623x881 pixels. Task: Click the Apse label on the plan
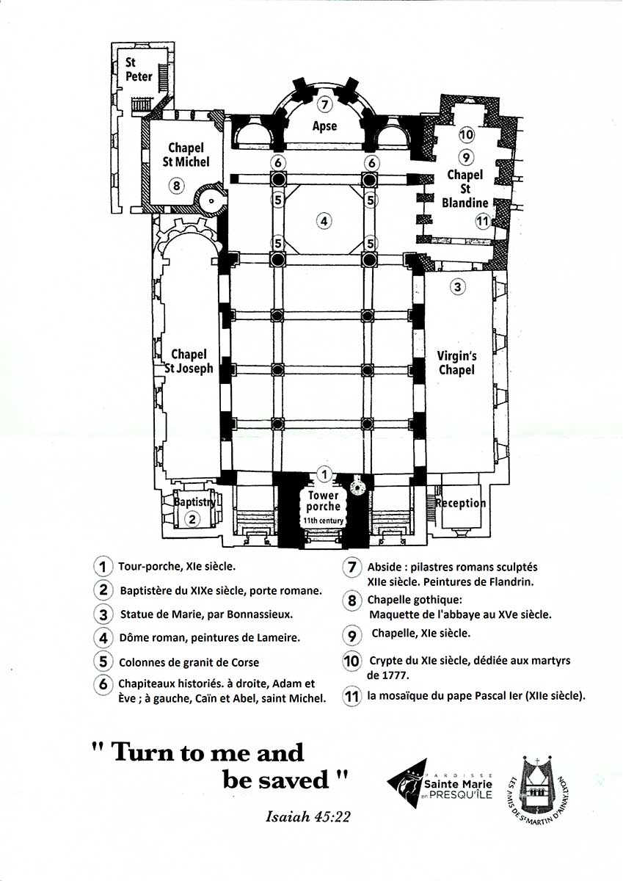click(324, 126)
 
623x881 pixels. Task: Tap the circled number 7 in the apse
click(324, 104)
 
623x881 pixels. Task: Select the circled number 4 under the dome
click(324, 221)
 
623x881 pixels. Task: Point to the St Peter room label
click(139, 69)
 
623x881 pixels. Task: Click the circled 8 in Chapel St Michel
click(177, 185)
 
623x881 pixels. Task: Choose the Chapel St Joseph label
click(189, 361)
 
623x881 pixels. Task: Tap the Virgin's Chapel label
click(456, 363)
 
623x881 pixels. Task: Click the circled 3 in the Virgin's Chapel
click(457, 286)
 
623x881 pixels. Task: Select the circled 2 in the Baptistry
click(192, 520)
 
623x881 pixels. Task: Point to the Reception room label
click(461, 503)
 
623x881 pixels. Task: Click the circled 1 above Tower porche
click(324, 475)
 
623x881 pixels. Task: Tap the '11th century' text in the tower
click(323, 521)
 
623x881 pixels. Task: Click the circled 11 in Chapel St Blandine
click(483, 221)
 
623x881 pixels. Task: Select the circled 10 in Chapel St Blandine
click(467, 135)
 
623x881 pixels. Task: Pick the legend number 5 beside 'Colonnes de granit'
click(103, 661)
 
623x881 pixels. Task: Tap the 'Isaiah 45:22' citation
click(307, 817)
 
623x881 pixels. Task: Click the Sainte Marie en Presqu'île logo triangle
click(407, 783)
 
